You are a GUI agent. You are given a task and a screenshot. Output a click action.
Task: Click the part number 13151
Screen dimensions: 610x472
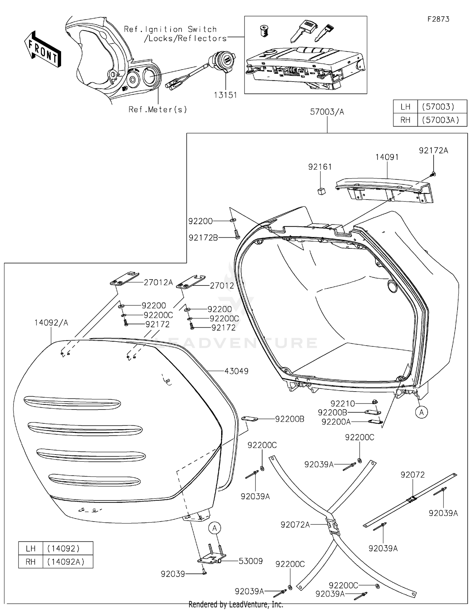tap(225, 95)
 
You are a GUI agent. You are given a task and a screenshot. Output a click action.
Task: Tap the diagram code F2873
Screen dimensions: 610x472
tap(438, 19)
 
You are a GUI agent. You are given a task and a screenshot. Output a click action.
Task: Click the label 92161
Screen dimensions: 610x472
tap(320, 167)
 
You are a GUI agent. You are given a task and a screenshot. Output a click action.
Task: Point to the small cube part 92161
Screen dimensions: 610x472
tap(321, 191)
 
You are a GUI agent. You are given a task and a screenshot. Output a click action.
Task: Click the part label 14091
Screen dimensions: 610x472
tap(387, 157)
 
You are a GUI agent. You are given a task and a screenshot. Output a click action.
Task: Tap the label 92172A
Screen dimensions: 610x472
tap(433, 150)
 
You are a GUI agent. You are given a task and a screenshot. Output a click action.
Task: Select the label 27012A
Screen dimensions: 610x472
tap(158, 282)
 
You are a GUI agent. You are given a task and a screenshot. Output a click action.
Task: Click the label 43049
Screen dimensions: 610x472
tap(236, 371)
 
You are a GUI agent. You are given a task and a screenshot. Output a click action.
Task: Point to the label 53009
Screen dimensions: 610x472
tap(250, 561)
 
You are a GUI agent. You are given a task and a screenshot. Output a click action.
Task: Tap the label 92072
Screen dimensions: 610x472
tap(413, 474)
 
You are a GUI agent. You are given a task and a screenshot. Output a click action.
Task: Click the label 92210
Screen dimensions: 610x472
tap(342, 403)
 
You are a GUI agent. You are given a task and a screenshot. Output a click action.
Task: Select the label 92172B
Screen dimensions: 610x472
tap(203, 238)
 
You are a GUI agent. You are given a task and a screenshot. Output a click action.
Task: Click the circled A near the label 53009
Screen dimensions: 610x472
tap(215, 528)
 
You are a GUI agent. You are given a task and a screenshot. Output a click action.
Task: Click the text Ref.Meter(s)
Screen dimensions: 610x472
tap(158, 110)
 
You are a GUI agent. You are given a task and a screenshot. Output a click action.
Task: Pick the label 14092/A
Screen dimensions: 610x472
tap(51, 323)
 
